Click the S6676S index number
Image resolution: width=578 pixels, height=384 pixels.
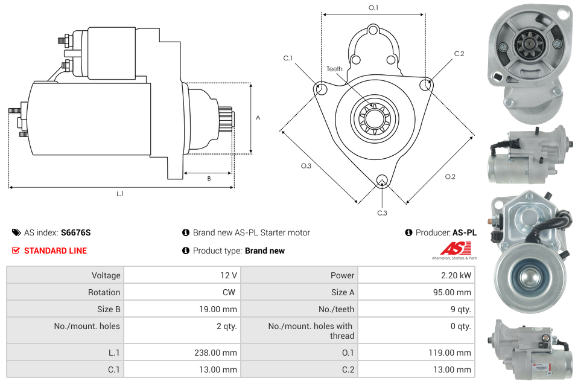(75, 232)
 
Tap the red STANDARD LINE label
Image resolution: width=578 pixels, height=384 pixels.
(55, 251)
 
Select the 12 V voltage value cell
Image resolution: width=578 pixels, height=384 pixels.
(228, 275)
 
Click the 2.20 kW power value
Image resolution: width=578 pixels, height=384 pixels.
(456, 275)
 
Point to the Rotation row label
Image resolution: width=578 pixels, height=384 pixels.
(104, 292)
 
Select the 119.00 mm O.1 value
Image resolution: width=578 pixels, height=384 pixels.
(451, 353)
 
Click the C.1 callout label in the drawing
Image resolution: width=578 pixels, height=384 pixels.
(288, 59)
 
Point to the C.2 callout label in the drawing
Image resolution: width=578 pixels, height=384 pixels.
(459, 54)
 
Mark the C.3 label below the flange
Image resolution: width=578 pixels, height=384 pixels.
(382, 213)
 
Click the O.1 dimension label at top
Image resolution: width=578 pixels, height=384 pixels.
(373, 8)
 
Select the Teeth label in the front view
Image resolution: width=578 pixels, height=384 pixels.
(334, 69)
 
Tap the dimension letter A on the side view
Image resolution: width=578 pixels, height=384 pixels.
(258, 118)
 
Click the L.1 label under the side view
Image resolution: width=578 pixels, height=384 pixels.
(120, 194)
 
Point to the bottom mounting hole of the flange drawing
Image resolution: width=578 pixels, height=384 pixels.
(381, 181)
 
